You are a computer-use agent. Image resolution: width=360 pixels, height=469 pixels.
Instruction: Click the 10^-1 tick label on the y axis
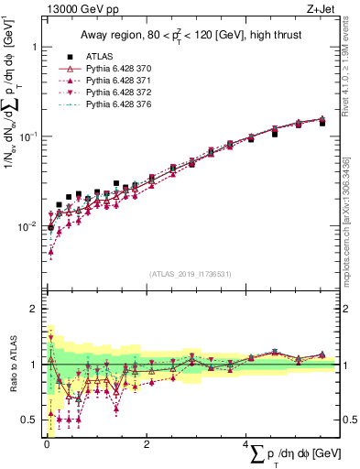tap(28, 136)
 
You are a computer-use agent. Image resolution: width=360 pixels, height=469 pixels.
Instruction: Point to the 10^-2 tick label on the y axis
tap(28, 226)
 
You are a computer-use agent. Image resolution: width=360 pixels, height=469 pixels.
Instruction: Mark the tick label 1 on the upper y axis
tap(34, 47)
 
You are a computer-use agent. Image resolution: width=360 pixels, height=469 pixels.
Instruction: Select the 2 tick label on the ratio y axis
tap(34, 310)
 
